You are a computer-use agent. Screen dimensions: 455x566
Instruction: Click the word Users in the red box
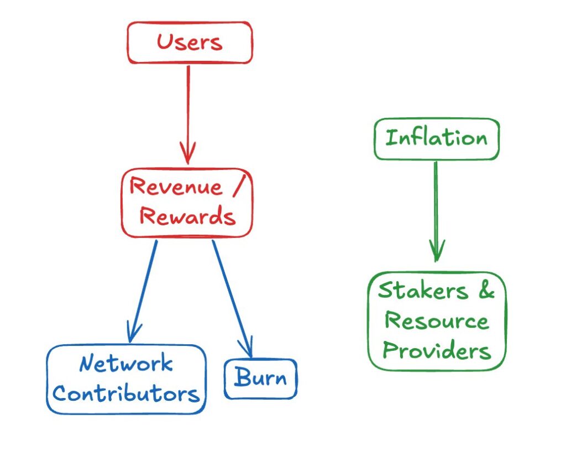tap(190, 43)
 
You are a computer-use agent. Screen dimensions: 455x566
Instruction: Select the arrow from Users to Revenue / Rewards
tap(188, 111)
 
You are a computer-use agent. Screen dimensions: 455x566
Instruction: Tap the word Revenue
tap(175, 187)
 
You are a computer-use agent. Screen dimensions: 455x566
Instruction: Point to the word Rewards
tap(187, 216)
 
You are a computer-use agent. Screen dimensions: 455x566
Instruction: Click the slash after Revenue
tap(237, 187)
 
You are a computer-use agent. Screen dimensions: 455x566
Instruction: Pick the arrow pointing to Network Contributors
tap(143, 288)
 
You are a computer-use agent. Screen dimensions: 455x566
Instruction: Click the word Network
tap(126, 364)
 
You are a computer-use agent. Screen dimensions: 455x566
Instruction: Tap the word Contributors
tap(126, 394)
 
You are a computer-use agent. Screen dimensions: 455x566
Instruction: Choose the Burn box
tap(260, 379)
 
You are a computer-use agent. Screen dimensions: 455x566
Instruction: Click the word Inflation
tap(436, 138)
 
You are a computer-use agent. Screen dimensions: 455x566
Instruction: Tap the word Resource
tap(437, 321)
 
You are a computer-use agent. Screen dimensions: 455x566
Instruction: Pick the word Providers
tap(437, 350)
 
